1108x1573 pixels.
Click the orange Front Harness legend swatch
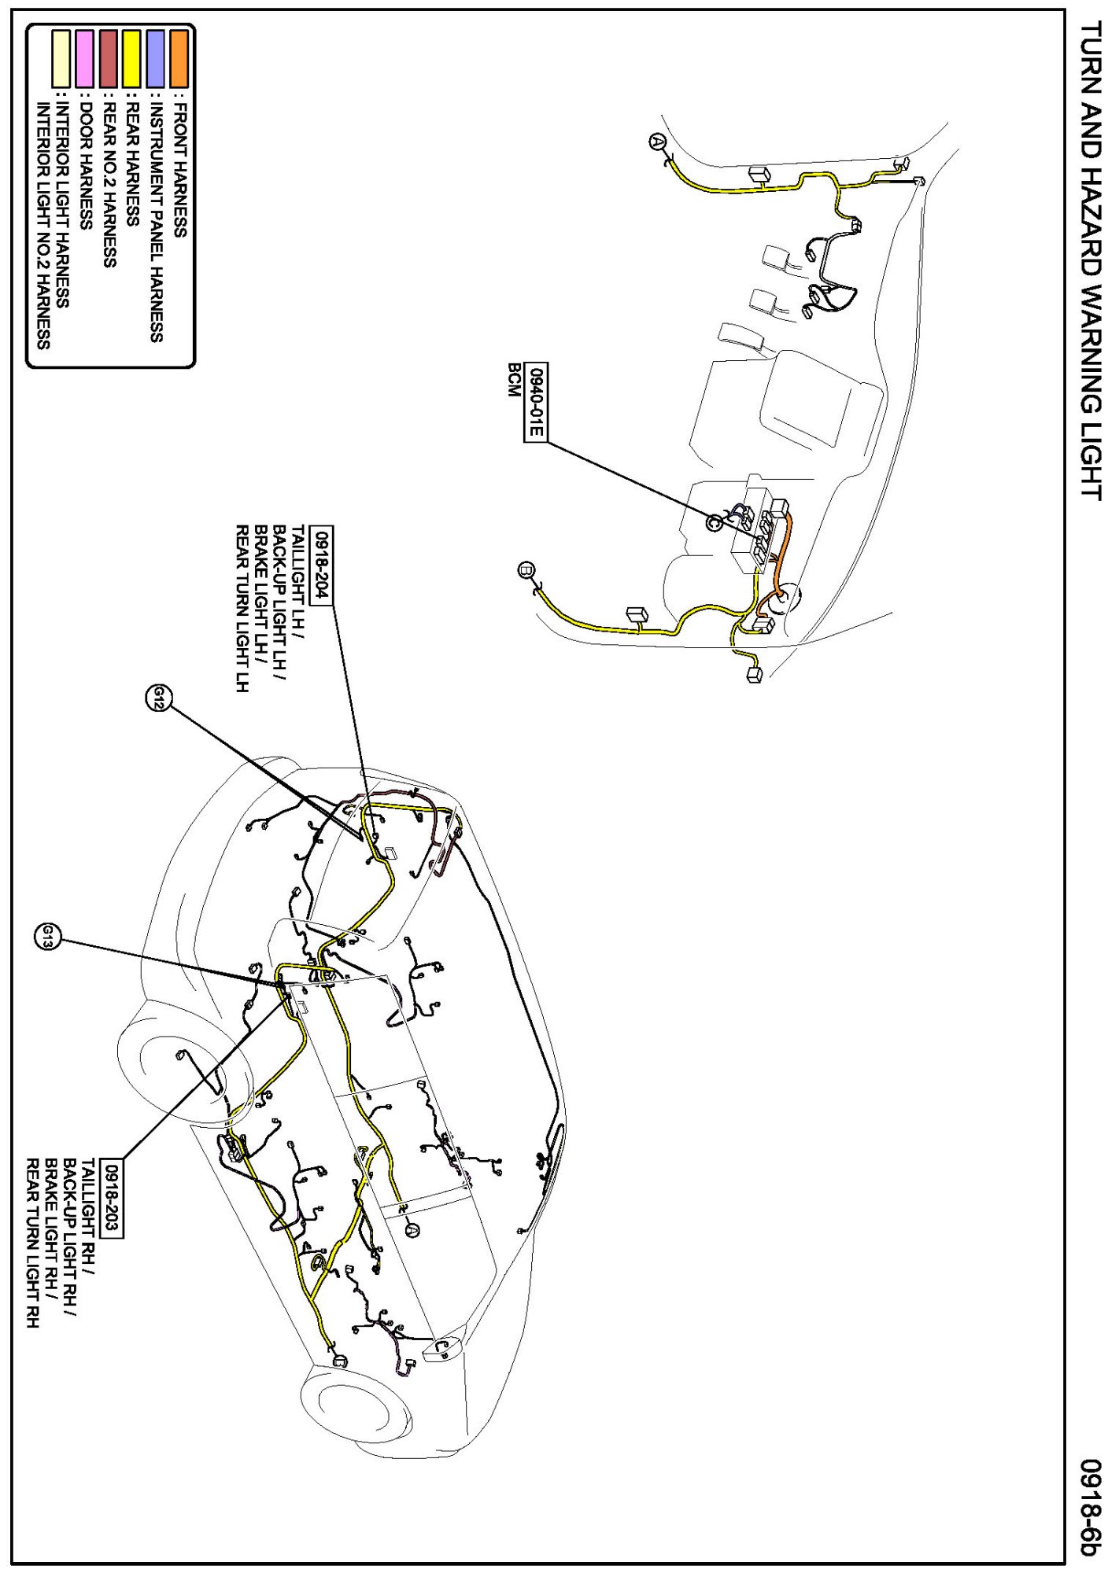179,58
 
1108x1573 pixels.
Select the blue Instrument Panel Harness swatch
156,58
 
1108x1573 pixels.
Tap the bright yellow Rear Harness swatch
132,58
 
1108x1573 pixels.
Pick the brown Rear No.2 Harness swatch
109,58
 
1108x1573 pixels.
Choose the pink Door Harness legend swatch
85,58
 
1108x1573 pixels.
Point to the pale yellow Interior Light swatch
61,58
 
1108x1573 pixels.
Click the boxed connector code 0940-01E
536,402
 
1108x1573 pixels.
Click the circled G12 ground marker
157,697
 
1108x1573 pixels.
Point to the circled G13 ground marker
47,937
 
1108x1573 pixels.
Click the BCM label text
514,380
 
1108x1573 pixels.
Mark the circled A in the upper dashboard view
658,142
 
